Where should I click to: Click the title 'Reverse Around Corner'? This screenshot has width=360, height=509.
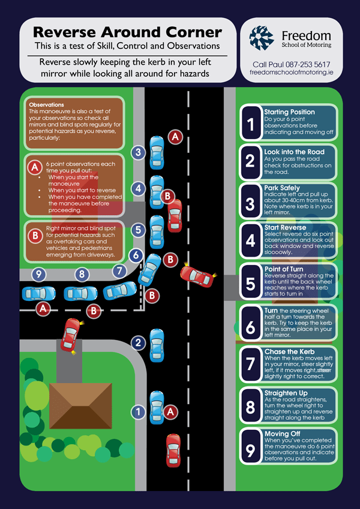[127, 32]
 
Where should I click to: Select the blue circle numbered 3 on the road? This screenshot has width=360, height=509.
[138, 152]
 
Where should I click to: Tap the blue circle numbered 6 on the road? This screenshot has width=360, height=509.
[136, 255]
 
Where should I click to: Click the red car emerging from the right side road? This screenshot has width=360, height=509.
[199, 276]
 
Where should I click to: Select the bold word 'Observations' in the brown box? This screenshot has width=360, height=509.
[46, 105]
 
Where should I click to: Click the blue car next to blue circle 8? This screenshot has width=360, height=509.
[80, 293]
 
